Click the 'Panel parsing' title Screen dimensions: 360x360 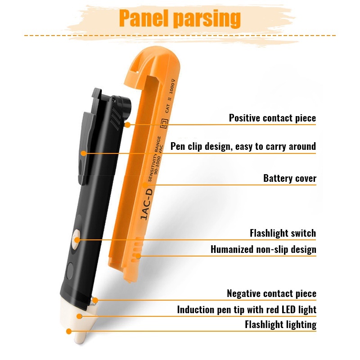(x=180, y=18)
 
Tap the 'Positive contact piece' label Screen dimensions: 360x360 (x=272, y=118)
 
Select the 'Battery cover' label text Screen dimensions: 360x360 (x=290, y=178)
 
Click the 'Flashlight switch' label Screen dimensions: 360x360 (x=283, y=233)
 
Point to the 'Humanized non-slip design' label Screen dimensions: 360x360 (x=263, y=249)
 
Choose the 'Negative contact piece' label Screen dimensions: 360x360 (x=272, y=293)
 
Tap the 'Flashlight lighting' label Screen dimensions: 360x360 (x=280, y=324)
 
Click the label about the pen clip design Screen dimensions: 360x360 (x=243, y=147)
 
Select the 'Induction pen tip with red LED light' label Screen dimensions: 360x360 (x=247, y=310)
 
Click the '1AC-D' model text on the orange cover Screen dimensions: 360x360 (x=147, y=204)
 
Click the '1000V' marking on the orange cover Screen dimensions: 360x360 (x=172, y=86)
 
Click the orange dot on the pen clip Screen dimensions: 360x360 (x=84, y=153)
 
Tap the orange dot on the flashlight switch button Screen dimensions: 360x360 (x=77, y=240)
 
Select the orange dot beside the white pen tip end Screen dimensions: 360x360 (x=69, y=331)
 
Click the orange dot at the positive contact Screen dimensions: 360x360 (x=127, y=125)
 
